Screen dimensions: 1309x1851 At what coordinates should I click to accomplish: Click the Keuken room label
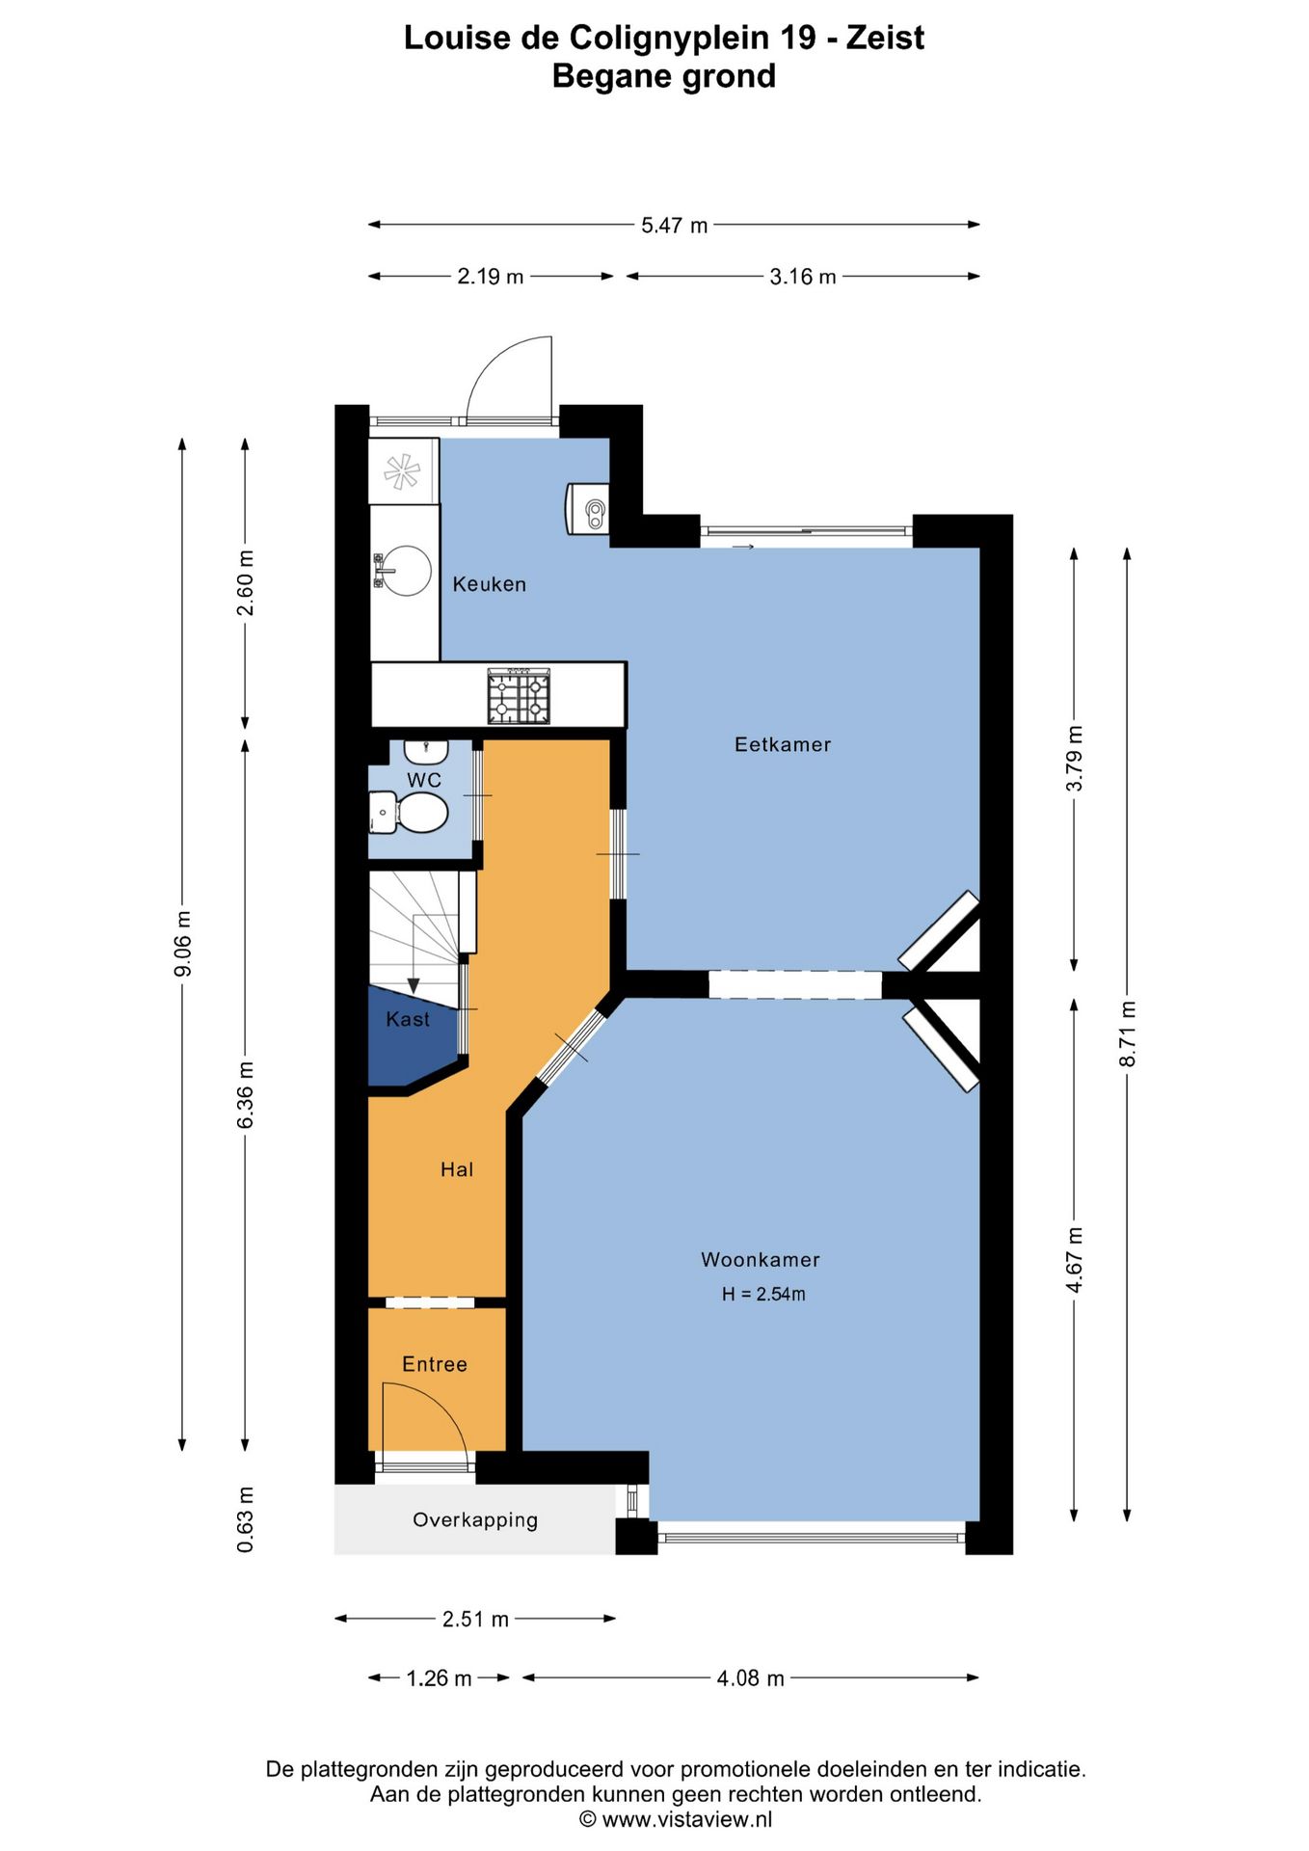[x=490, y=584]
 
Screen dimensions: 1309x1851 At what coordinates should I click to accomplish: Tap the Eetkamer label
[x=783, y=744]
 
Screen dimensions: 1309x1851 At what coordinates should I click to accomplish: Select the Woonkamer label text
[x=761, y=1260]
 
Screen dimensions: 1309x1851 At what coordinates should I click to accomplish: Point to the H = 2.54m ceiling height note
[x=763, y=1295]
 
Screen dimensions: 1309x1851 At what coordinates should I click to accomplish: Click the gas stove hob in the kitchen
[x=519, y=696]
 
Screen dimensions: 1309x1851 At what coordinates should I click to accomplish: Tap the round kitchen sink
[x=406, y=571]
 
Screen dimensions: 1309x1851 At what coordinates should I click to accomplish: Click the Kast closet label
[x=408, y=1020]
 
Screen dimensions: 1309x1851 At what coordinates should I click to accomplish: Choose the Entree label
[x=435, y=1364]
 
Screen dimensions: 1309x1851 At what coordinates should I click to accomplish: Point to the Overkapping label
[x=475, y=1520]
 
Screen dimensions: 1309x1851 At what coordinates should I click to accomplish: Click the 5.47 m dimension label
[x=675, y=226]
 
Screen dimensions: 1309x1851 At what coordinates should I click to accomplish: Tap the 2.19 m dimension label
[x=491, y=277]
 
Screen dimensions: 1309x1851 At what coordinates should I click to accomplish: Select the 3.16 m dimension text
[x=803, y=277]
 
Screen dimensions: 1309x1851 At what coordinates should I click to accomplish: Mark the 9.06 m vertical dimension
[x=183, y=943]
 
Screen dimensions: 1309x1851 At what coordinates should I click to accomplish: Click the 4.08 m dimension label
[x=751, y=1678]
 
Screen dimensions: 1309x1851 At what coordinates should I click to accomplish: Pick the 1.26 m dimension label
[x=440, y=1678]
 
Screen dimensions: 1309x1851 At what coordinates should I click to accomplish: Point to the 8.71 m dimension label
[x=1128, y=1033]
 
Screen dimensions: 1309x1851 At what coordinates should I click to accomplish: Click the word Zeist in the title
[x=885, y=38]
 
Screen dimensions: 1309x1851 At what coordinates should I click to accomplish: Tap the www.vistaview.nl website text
[x=687, y=1819]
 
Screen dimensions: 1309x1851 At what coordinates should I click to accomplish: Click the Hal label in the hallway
[x=457, y=1169]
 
